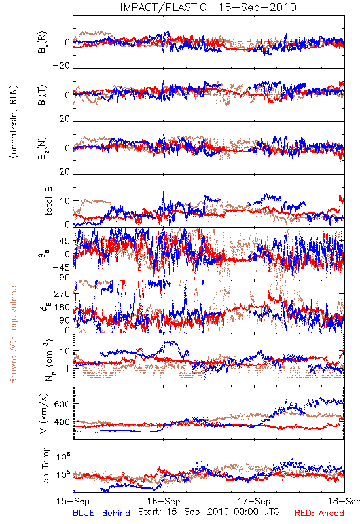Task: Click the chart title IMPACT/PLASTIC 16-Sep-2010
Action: point(208,7)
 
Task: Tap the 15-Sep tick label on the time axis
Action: point(73,501)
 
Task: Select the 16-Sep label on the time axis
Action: point(164,501)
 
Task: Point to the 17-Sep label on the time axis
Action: point(254,501)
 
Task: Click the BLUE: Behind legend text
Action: point(101,513)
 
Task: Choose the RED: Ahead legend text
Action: point(319,513)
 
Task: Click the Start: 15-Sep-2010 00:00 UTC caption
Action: point(209,512)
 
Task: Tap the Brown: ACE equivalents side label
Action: point(13,333)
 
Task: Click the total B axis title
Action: point(48,201)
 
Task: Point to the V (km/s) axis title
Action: point(44,414)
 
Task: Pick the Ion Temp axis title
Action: point(45,466)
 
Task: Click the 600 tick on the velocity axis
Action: point(62,404)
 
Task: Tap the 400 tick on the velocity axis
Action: point(62,422)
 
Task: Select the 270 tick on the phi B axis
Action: point(62,293)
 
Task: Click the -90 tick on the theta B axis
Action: point(61,278)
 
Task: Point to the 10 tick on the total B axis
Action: point(65,201)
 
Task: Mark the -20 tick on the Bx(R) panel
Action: point(61,66)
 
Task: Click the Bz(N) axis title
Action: point(43,148)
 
